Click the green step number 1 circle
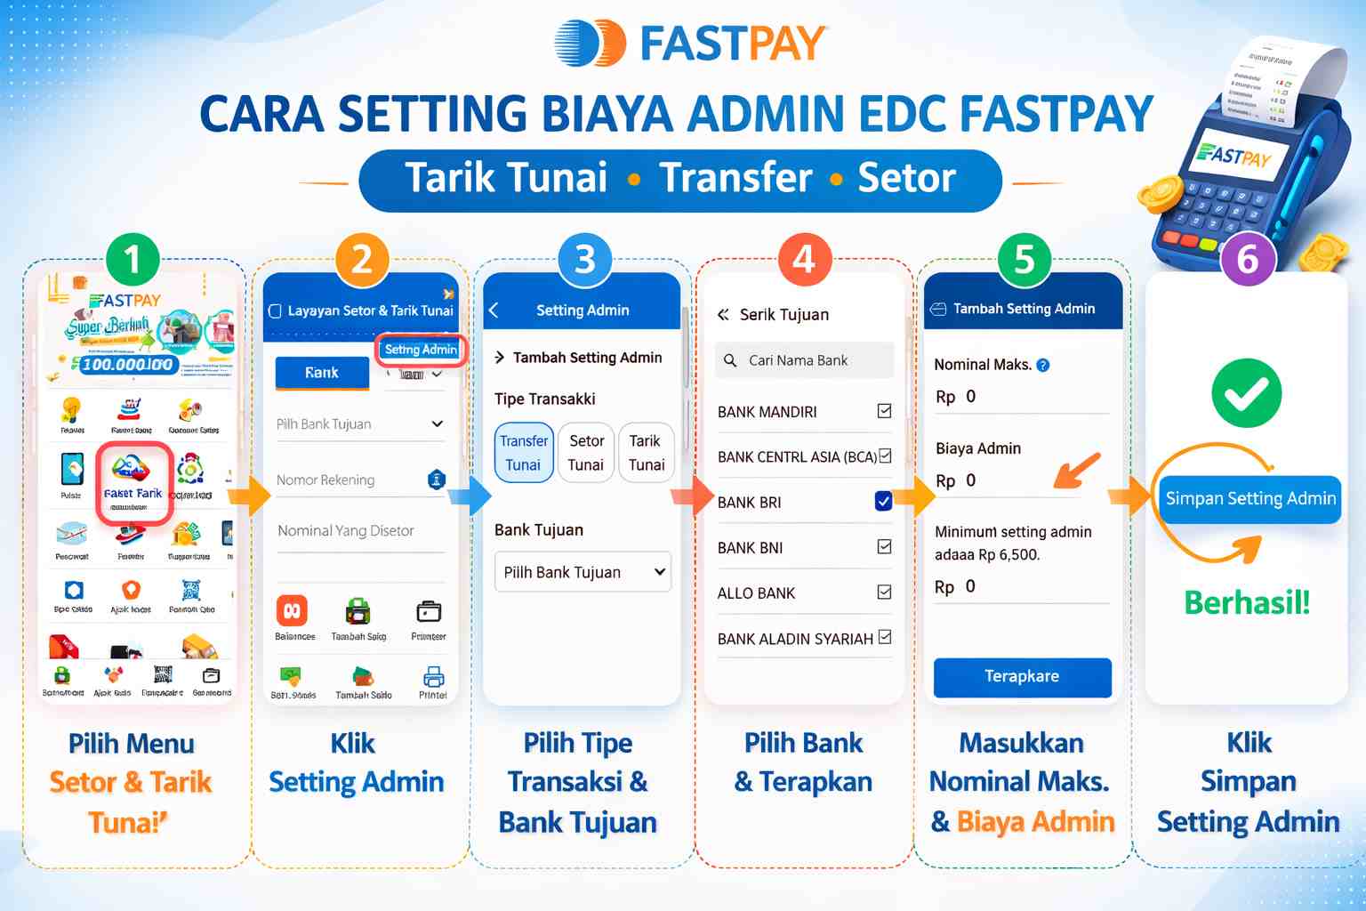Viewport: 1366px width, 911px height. (x=133, y=260)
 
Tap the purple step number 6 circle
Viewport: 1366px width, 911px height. (x=1248, y=260)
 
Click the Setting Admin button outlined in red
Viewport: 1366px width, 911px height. (x=421, y=350)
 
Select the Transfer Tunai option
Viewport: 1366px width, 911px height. (x=523, y=453)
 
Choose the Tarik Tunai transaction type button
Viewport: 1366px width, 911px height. (x=646, y=453)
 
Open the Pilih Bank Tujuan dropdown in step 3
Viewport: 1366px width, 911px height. (x=583, y=572)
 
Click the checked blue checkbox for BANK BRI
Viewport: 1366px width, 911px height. (x=883, y=501)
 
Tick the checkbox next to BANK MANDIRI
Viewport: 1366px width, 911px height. (x=884, y=411)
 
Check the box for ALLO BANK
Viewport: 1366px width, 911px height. (x=884, y=592)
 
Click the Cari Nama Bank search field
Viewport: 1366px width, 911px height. (x=804, y=360)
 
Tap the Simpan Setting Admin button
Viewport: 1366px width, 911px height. (x=1249, y=499)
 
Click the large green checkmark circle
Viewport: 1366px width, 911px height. (x=1247, y=393)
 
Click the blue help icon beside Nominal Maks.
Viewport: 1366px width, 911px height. (x=1043, y=365)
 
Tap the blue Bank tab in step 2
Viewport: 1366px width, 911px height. (x=322, y=373)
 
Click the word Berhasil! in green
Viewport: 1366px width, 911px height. (x=1247, y=603)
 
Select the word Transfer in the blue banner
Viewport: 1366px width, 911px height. (x=735, y=178)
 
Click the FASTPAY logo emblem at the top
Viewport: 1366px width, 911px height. (x=591, y=43)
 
